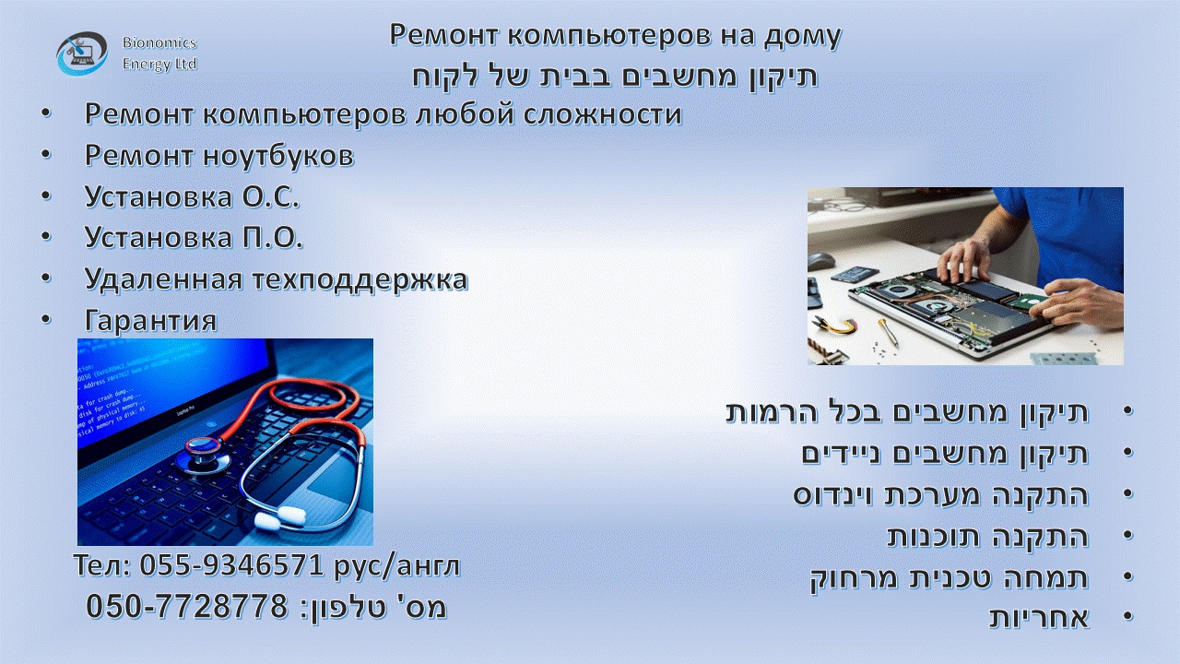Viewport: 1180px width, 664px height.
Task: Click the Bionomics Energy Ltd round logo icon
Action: tap(82, 53)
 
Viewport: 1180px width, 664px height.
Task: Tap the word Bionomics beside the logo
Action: tap(159, 42)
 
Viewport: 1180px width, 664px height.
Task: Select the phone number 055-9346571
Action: tap(230, 565)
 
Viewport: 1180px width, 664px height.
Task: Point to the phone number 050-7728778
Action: tap(187, 606)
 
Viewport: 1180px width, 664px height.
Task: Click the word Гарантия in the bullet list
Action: tap(150, 320)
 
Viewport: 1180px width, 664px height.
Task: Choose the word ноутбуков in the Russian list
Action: tap(278, 155)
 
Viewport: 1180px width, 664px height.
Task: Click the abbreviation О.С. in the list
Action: tap(271, 196)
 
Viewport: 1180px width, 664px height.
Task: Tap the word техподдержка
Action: tap(360, 279)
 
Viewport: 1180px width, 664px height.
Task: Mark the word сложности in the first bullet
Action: tap(602, 114)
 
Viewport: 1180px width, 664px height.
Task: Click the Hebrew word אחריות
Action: tap(1039, 617)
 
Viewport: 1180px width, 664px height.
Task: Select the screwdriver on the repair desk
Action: tap(888, 333)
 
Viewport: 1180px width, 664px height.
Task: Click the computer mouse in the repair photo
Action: tap(821, 261)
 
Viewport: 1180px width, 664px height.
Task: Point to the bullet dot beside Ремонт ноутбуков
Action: tap(46, 154)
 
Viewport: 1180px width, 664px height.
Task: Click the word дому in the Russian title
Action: tap(802, 37)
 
